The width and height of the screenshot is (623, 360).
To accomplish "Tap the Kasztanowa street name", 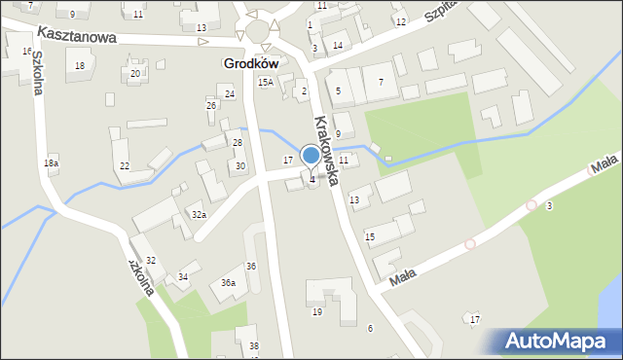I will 77,35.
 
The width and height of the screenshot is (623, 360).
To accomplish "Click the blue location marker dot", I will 311,155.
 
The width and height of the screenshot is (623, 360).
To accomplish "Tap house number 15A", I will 265,84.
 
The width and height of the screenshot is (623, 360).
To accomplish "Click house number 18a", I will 51,163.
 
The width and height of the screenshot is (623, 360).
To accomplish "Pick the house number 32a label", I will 199,214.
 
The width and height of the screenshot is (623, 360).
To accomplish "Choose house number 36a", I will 228,282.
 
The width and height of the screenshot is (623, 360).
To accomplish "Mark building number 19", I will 317,312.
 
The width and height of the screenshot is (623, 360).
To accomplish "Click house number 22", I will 125,166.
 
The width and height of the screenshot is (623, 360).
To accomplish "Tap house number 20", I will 135,74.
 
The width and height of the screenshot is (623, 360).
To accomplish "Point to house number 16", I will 26,51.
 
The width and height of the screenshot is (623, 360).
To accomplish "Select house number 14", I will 338,46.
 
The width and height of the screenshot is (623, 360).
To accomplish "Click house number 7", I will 381,83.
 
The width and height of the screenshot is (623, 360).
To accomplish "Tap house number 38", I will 254,346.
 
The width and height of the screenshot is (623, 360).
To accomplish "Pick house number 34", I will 183,277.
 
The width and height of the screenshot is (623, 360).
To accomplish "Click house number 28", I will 237,143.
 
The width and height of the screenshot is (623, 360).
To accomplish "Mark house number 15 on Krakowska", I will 370,236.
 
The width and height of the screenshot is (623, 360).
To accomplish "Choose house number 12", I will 401,21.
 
